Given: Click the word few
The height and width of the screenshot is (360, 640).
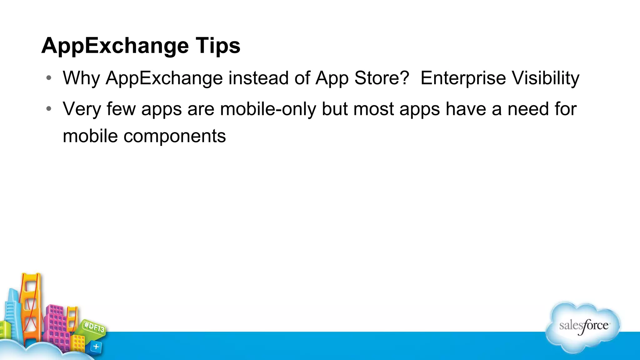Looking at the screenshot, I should tap(121, 109).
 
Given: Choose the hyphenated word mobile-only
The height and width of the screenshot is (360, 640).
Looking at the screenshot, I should tap(268, 109).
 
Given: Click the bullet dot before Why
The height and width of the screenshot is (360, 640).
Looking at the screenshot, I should tap(48, 78).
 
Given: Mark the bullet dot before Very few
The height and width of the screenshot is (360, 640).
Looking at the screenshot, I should tap(48, 109).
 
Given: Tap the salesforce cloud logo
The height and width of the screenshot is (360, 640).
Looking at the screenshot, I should tap(583, 327).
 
